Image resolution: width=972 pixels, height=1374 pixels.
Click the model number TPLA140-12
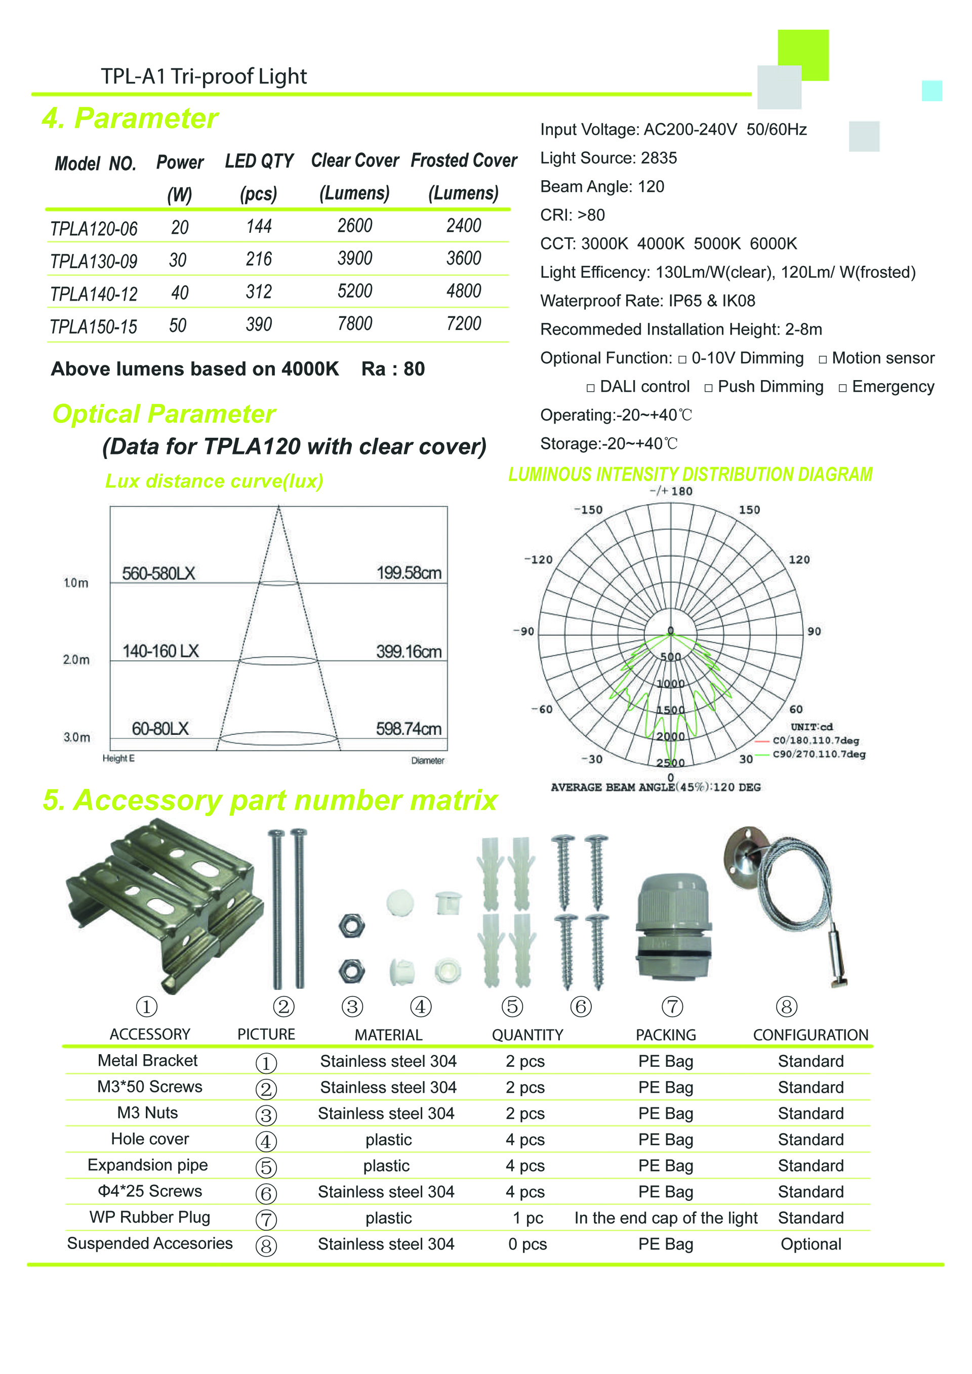click(94, 294)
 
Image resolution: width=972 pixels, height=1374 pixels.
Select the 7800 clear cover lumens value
click(355, 324)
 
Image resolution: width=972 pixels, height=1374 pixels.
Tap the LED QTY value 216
click(259, 259)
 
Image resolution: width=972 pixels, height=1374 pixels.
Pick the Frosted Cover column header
click(464, 161)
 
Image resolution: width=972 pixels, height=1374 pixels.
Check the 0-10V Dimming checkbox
click(682, 360)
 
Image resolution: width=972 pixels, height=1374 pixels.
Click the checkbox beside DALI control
click(591, 388)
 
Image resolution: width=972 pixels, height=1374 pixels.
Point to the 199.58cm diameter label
click(409, 573)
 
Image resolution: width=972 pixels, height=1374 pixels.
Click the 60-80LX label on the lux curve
click(160, 728)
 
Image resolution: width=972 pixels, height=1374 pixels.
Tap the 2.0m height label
click(76, 659)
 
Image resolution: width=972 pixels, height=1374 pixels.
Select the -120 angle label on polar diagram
click(538, 560)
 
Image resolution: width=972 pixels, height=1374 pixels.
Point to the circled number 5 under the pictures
click(512, 1007)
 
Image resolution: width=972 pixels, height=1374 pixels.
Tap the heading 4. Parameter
click(130, 118)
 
